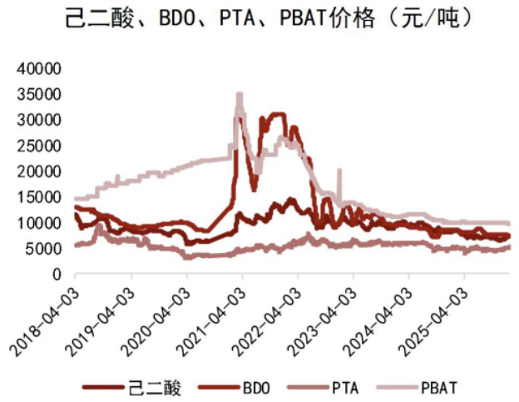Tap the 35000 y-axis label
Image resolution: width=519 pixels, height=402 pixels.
coord(40,94)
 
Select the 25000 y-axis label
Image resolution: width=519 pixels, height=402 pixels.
coord(40,146)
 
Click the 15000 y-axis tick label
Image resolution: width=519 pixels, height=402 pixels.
coord(40,197)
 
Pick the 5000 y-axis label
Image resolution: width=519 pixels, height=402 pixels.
coord(44,249)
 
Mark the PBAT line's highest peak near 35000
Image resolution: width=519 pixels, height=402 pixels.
coord(240,95)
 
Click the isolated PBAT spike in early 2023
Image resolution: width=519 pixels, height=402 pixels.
coord(339,171)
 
